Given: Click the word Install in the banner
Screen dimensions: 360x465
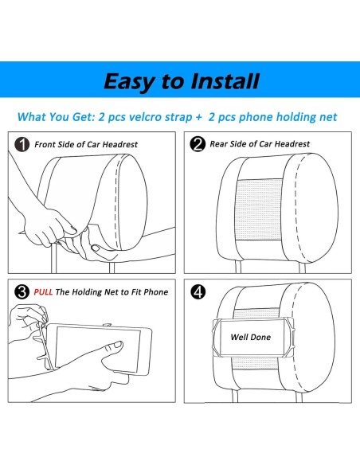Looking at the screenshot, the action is click(225, 81).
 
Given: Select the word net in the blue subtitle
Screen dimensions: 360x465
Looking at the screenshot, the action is click(328, 117).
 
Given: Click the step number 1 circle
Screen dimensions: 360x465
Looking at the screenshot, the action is click(22, 144).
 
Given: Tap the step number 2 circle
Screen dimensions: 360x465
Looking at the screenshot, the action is click(198, 144).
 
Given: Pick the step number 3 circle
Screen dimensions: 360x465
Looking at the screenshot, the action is click(22, 291).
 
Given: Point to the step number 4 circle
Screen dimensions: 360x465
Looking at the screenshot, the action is click(198, 291).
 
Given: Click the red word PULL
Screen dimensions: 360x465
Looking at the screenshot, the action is click(43, 292).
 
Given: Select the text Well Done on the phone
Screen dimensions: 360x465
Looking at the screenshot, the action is click(251, 337).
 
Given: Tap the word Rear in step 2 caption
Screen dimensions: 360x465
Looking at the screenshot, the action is click(218, 144).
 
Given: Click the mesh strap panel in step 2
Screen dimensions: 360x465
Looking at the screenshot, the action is click(259, 210).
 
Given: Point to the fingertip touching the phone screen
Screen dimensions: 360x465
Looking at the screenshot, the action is click(117, 346).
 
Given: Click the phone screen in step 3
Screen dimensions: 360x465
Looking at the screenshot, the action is click(98, 349).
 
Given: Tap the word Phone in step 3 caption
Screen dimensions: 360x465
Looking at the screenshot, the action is click(156, 292).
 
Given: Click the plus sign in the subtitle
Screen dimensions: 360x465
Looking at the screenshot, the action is click(198, 117).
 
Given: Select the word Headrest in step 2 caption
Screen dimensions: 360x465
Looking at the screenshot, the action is click(292, 144).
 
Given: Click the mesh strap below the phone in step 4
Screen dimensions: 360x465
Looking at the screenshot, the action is click(256, 363).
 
